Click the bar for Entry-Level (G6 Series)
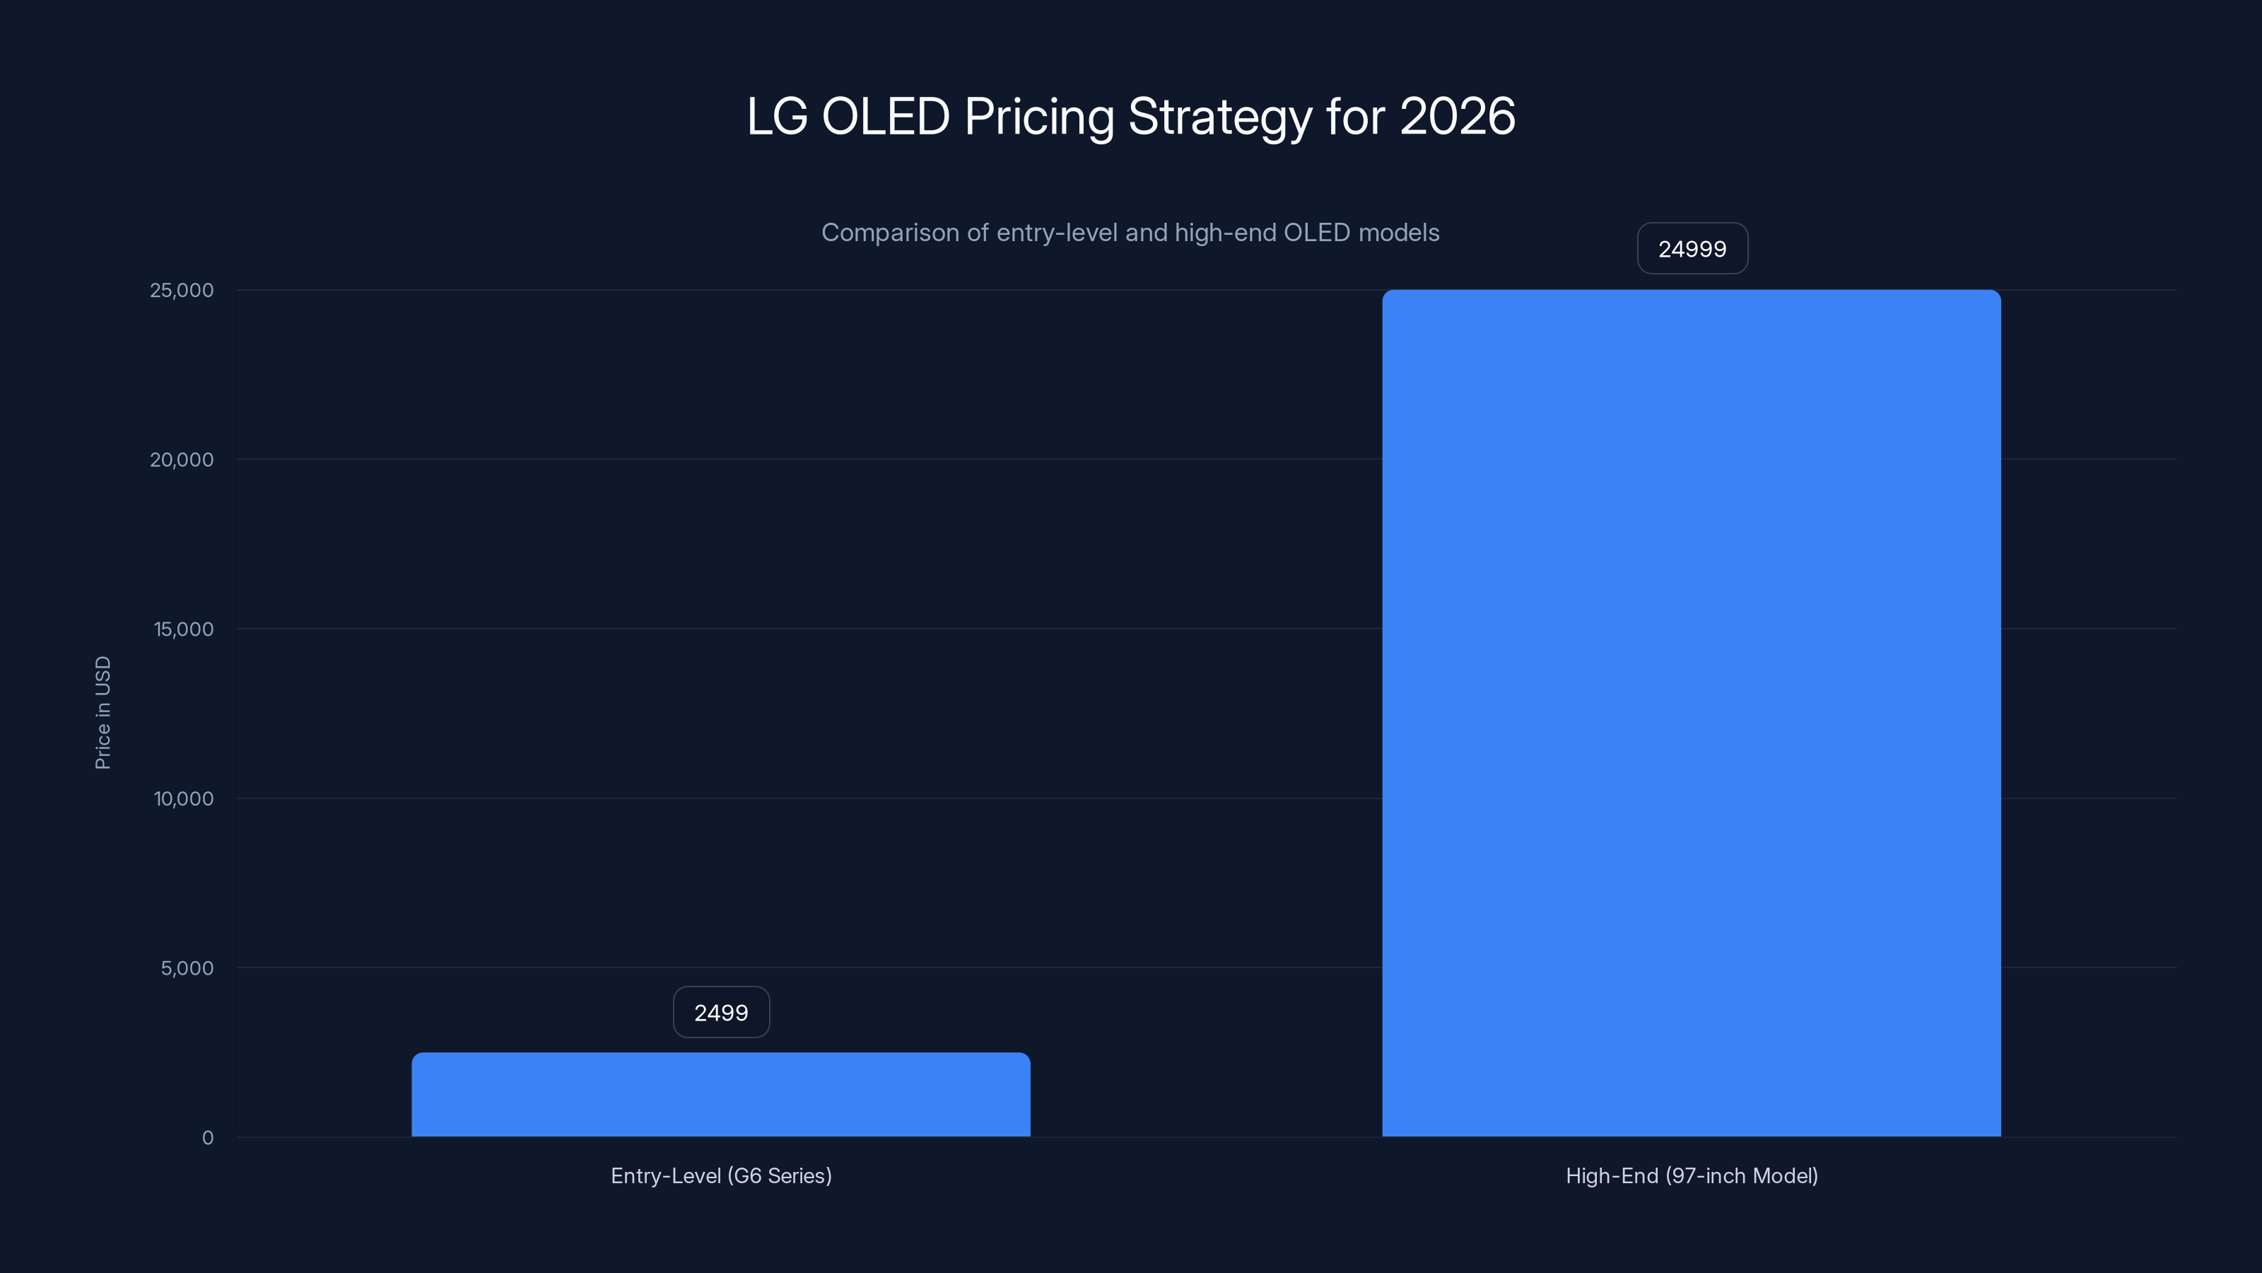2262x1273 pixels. (x=720, y=1095)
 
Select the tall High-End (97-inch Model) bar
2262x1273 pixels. (x=1692, y=712)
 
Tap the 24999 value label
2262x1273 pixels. (x=1692, y=249)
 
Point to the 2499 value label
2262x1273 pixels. (x=721, y=1012)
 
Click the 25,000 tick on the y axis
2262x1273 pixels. (x=182, y=290)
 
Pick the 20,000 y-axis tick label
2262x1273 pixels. (x=182, y=460)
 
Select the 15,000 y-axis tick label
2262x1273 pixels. (x=184, y=629)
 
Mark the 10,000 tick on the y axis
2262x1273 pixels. (x=184, y=798)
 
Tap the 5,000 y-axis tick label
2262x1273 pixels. (x=187, y=968)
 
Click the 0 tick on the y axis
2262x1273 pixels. (x=207, y=1138)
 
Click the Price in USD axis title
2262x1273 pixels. (x=102, y=712)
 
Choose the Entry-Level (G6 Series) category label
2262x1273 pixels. (x=721, y=1175)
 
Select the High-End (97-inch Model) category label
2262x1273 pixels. (x=1692, y=1175)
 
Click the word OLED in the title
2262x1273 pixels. (x=885, y=116)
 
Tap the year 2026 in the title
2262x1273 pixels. (x=1458, y=116)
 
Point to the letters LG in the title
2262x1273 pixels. (x=776, y=116)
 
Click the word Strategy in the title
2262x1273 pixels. (x=1219, y=117)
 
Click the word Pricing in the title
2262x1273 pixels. (x=1039, y=117)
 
